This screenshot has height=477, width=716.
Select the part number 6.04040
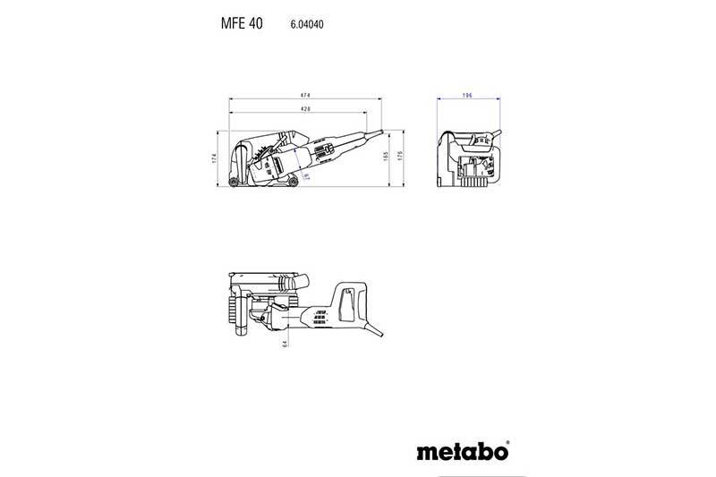pos(306,26)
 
